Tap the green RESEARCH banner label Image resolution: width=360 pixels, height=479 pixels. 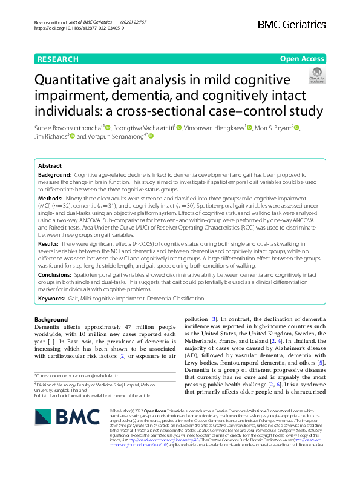[57, 59]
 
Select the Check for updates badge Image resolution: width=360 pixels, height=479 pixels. [317, 75]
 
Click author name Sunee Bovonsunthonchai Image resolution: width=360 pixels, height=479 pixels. [68, 128]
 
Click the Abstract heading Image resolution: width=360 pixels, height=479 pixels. [50, 165]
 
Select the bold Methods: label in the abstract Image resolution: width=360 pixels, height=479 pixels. [50, 198]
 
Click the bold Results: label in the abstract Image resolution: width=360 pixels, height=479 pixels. [49, 242]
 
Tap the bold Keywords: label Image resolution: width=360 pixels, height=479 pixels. [52, 298]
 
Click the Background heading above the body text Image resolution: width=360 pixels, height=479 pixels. [51, 319]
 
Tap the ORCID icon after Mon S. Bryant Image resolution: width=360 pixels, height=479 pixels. [296, 127]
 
